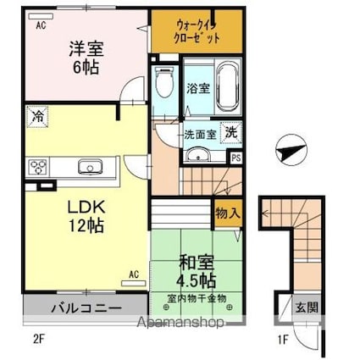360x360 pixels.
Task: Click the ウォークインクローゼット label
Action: coord(197,31)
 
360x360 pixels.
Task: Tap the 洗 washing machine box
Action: coord(230,131)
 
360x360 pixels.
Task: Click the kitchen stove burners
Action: coord(39,166)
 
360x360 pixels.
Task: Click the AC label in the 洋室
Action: coord(41,25)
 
